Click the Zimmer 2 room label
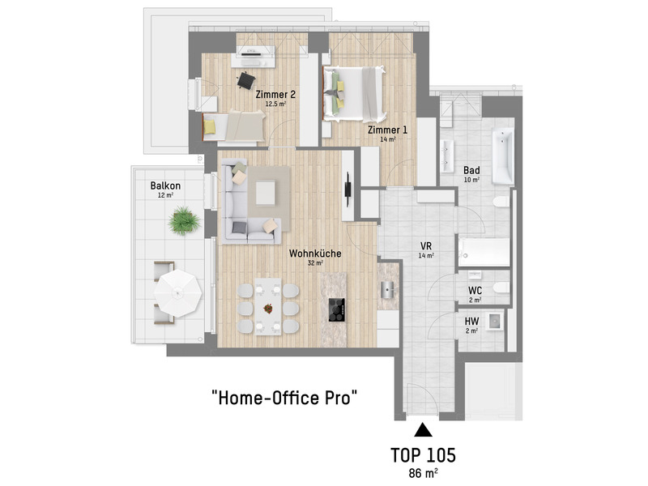coord(275,94)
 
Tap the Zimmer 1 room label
coord(387,130)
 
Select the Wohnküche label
coord(315,254)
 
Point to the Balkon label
coord(165,185)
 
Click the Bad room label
coord(471,170)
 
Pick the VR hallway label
coord(426,246)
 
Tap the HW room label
coord(471,321)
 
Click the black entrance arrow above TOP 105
coord(423,430)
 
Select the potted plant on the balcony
coord(184,220)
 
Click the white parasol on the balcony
coord(177,293)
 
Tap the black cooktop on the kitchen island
coord(336,309)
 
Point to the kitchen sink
coord(388,290)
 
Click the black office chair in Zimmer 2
coord(246,80)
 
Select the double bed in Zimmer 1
coord(354,94)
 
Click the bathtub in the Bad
coord(502,156)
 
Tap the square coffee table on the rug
coord(266,194)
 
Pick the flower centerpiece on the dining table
coord(268,308)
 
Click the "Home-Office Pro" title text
coord(284,398)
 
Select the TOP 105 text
coord(423,455)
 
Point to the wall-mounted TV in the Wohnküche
coord(348,190)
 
